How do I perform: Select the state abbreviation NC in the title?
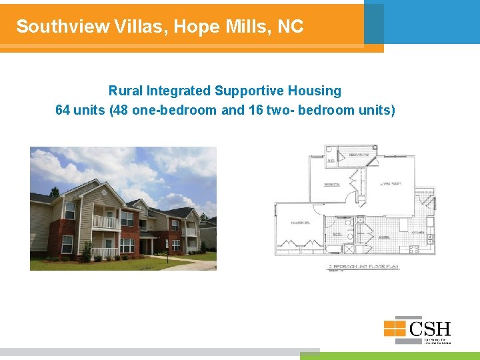click(x=291, y=27)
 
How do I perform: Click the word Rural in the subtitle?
click(x=126, y=91)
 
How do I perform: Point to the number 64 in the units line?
click(x=63, y=110)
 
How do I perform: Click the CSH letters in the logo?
click(x=430, y=329)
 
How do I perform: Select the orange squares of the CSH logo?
click(x=394, y=328)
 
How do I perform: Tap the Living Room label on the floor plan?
click(x=389, y=184)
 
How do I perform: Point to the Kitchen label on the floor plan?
click(x=418, y=232)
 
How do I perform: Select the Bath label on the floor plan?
click(x=337, y=234)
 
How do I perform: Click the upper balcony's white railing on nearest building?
click(x=105, y=222)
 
